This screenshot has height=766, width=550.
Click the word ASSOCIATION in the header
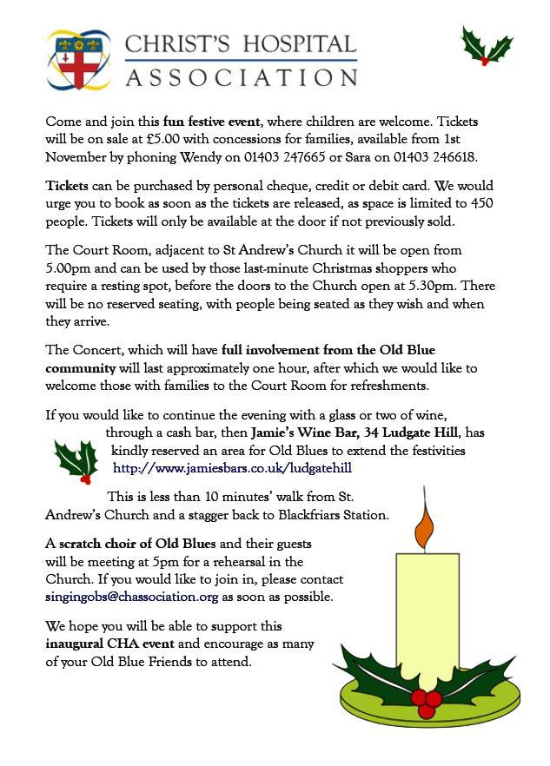pyautogui.click(x=242, y=75)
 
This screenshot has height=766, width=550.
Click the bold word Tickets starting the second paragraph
pyautogui.click(x=67, y=187)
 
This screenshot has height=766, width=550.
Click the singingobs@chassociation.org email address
pyautogui.click(x=132, y=597)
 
